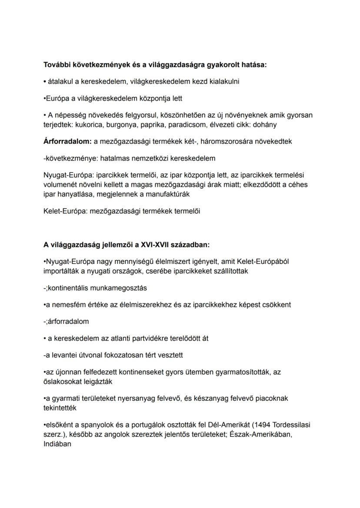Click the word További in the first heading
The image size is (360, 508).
pos(57,65)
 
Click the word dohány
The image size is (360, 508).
pos(263,125)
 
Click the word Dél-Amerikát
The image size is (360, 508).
pos(224,425)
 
